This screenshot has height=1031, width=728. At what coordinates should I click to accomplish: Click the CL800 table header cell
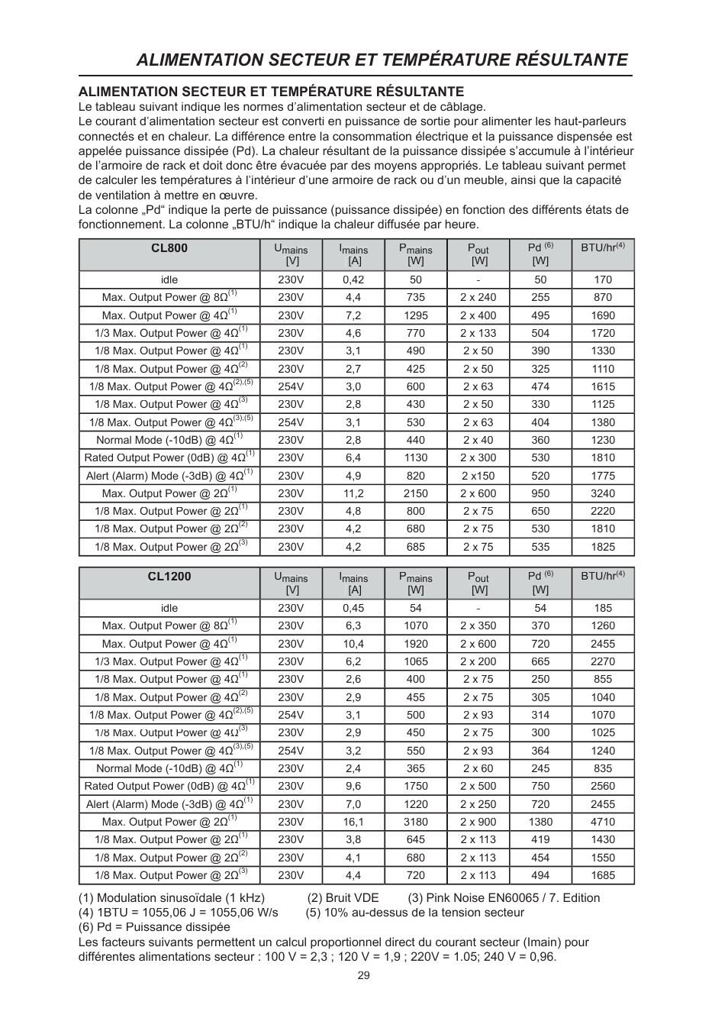click(x=169, y=248)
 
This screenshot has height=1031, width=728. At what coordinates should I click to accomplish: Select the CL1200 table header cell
click(x=169, y=577)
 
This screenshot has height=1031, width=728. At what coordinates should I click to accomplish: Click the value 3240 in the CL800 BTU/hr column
click(x=602, y=493)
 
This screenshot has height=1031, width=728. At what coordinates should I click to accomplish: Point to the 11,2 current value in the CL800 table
click(x=353, y=493)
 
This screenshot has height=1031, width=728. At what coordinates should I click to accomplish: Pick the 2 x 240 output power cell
click(x=478, y=297)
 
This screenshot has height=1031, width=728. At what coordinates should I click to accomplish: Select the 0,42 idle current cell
click(x=353, y=280)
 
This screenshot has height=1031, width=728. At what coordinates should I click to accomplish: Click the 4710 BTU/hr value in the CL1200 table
click(x=602, y=822)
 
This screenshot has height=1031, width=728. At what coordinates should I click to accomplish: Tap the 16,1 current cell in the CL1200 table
click(x=353, y=822)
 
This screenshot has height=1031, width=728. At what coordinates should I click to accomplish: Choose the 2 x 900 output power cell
click(x=478, y=822)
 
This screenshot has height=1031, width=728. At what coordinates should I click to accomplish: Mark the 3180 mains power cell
click(x=416, y=822)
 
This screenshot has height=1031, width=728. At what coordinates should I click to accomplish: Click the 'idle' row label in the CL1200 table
click(x=169, y=608)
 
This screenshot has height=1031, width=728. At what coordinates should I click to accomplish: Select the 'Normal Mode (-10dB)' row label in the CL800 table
click(x=169, y=440)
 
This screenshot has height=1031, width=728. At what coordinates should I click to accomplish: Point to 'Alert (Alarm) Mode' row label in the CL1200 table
click(x=169, y=804)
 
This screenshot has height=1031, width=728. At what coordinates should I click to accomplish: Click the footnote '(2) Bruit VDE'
click(x=343, y=897)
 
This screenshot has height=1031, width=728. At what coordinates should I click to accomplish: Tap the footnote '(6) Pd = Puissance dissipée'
click(x=154, y=927)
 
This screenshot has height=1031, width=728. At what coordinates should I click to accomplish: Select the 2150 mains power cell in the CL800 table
click(x=416, y=493)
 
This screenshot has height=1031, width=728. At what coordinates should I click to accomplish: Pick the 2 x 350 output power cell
click(x=478, y=625)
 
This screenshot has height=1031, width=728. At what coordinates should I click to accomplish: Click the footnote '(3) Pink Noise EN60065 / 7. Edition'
click(x=504, y=897)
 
